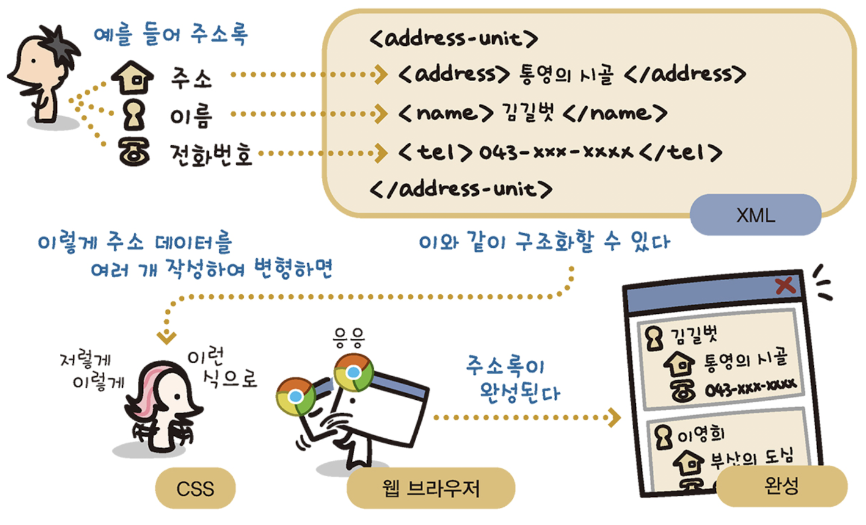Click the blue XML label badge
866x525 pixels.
click(755, 215)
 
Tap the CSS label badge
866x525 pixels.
click(195, 488)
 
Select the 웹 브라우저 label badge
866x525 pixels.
click(431, 488)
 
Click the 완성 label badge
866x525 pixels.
click(781, 487)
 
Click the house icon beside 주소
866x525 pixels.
click(132, 78)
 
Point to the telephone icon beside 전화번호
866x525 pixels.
click(134, 153)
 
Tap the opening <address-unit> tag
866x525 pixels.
click(454, 39)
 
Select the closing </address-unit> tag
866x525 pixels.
click(461, 188)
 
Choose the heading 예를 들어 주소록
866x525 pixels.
click(170, 34)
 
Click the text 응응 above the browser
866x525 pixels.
click(348, 335)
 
